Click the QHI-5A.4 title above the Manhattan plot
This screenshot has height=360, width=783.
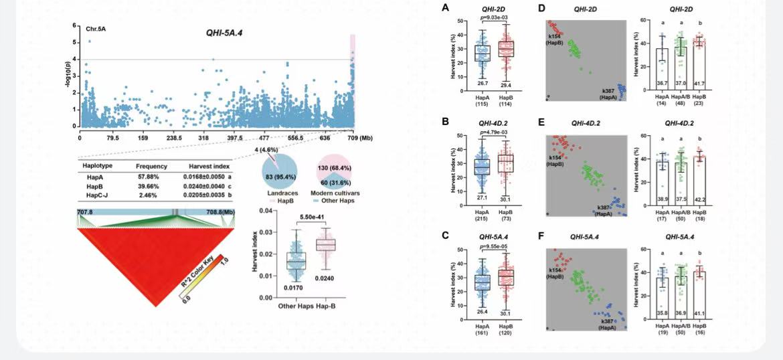[224, 32]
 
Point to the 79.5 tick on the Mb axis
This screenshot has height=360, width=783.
[112, 139]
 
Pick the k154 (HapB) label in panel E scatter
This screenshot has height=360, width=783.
[555, 160]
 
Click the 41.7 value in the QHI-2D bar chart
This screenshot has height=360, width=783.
[699, 82]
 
